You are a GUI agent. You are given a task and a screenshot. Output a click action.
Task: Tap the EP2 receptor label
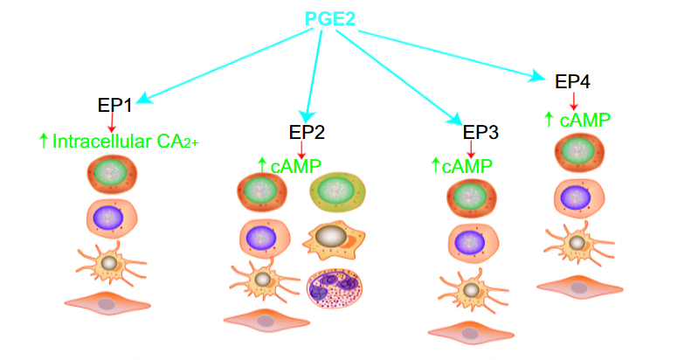click(x=307, y=133)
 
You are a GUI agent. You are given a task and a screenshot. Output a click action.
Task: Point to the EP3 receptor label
click(x=480, y=133)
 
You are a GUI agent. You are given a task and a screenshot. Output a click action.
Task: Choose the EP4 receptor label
click(x=573, y=82)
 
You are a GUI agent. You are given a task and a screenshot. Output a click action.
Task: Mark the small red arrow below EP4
click(x=573, y=100)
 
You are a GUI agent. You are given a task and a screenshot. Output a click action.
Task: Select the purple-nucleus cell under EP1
click(x=109, y=215)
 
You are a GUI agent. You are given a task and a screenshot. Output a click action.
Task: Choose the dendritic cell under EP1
click(x=108, y=261)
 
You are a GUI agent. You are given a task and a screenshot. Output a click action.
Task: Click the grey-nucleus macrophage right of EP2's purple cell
click(x=332, y=237)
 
